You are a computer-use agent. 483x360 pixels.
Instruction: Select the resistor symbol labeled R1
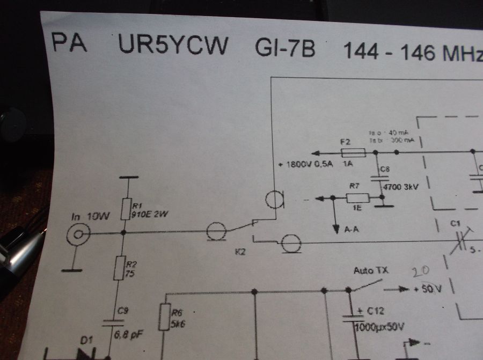point(125,209)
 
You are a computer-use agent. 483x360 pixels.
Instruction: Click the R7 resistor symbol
point(354,197)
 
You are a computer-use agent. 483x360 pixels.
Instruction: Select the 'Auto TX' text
point(371,271)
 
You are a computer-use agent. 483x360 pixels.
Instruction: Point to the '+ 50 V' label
point(428,290)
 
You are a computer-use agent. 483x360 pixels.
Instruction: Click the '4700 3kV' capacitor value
point(399,187)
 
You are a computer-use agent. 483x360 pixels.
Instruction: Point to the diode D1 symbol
point(86,353)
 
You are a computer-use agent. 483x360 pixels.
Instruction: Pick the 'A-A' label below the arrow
point(352,230)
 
